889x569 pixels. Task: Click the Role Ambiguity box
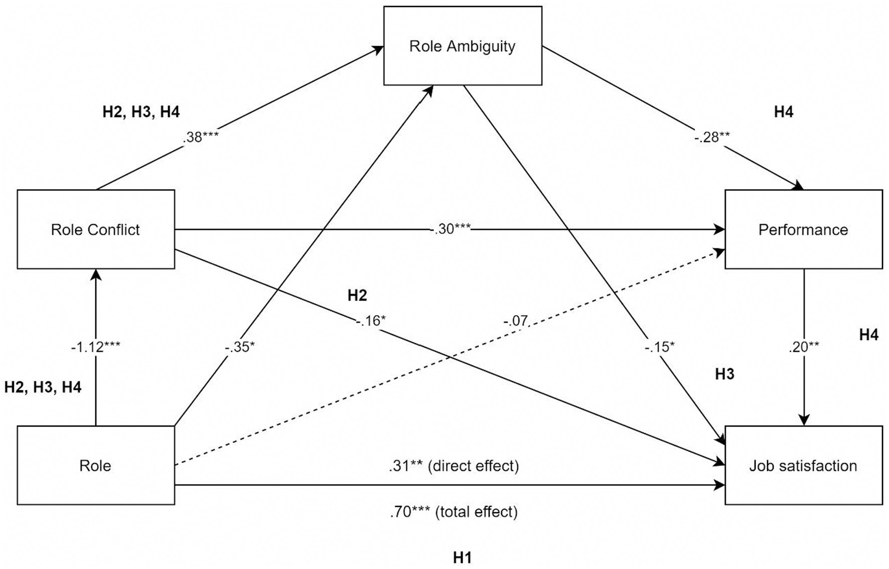click(462, 46)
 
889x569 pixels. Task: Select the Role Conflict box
click(95, 229)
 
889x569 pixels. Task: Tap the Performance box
click(803, 229)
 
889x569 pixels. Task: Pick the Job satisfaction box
click(803, 466)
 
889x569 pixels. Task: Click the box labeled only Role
click(95, 466)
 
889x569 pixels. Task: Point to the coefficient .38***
click(201, 137)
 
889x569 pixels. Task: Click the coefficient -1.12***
click(95, 346)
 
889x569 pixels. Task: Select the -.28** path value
click(712, 137)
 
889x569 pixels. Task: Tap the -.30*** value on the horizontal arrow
click(450, 229)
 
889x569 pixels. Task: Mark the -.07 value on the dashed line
click(516, 320)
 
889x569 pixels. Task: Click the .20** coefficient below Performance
click(804, 346)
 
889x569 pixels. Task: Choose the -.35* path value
click(240, 346)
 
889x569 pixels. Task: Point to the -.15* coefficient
click(660, 346)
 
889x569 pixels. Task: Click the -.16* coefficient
click(371, 320)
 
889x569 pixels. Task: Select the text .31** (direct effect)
click(454, 466)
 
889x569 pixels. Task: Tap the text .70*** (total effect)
click(454, 512)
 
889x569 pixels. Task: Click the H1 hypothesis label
click(462, 557)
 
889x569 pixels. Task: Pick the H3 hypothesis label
click(724, 374)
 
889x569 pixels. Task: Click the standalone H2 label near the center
click(357, 295)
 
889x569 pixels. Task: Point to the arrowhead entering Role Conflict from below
click(95, 273)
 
